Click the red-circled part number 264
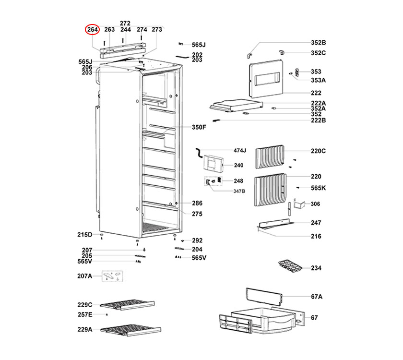pos(92,30)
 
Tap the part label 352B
pos(318,42)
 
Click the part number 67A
pos(316,296)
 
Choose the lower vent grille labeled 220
pos(271,189)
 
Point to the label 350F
pos(199,127)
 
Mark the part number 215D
pos(84,235)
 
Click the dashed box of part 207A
pos(112,276)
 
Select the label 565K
pos(318,188)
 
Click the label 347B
pos(239,191)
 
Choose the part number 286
pos(197,204)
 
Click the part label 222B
pos(318,120)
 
